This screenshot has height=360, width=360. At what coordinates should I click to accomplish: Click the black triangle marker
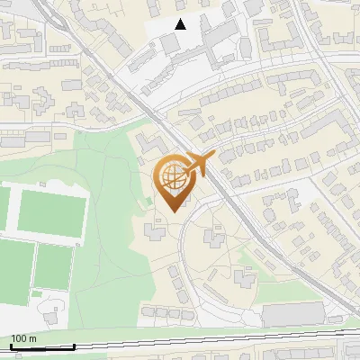pos(181,24)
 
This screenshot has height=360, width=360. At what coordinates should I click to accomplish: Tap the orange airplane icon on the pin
pos(199,164)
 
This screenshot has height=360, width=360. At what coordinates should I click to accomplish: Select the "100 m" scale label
pos(22,338)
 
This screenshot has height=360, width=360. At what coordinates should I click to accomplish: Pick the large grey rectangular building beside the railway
pos(292,314)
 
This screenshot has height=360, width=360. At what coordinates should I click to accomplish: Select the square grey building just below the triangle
pos(172,44)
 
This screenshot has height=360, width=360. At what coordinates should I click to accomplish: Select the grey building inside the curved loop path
pos(214,238)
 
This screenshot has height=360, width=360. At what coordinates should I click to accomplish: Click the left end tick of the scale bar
pos(10,346)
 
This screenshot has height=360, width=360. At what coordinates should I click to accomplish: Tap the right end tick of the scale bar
pos(74,346)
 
